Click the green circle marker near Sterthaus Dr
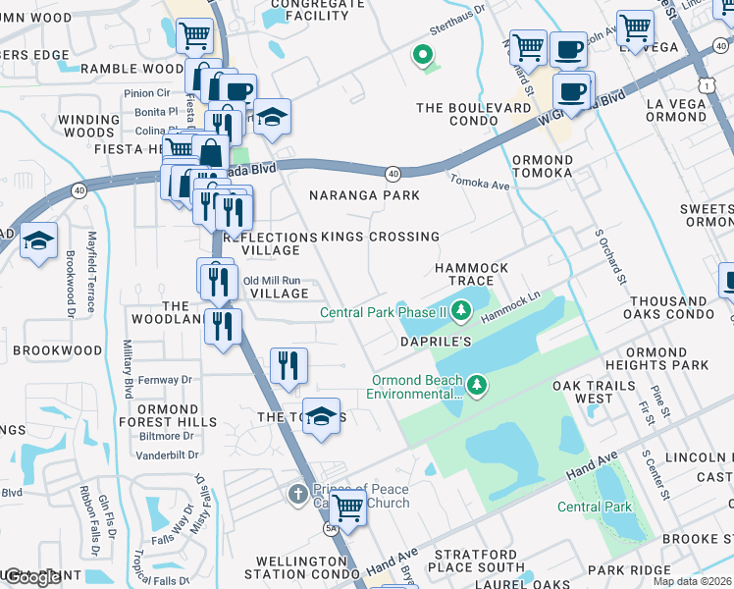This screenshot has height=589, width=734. pyautogui.click(x=424, y=56)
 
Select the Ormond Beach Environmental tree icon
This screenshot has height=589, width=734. pyautogui.click(x=477, y=385)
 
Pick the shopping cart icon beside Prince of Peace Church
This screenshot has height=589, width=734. pyautogui.click(x=346, y=509)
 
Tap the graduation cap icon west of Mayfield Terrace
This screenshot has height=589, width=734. pyautogui.click(x=38, y=241)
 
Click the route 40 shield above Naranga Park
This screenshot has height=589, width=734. pyautogui.click(x=393, y=173)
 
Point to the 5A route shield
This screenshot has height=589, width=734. pyautogui.click(x=330, y=529)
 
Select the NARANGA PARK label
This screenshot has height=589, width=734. pyautogui.click(x=364, y=195)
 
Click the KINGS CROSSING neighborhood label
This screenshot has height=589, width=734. pyautogui.click(x=381, y=237)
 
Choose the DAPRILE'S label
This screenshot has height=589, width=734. pyautogui.click(x=436, y=341)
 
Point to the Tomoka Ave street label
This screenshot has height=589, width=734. pyautogui.click(x=480, y=183)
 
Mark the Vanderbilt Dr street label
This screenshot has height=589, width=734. pyautogui.click(x=166, y=455)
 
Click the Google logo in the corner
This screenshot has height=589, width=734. pyautogui.click(x=31, y=577)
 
